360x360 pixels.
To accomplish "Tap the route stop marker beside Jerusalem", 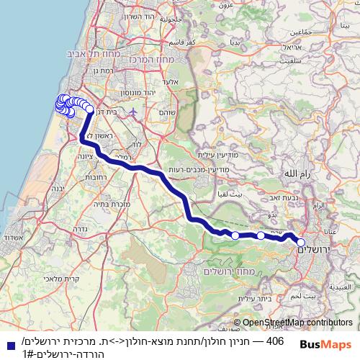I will pos(301,243).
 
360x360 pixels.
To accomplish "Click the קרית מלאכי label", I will pos(50,278).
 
